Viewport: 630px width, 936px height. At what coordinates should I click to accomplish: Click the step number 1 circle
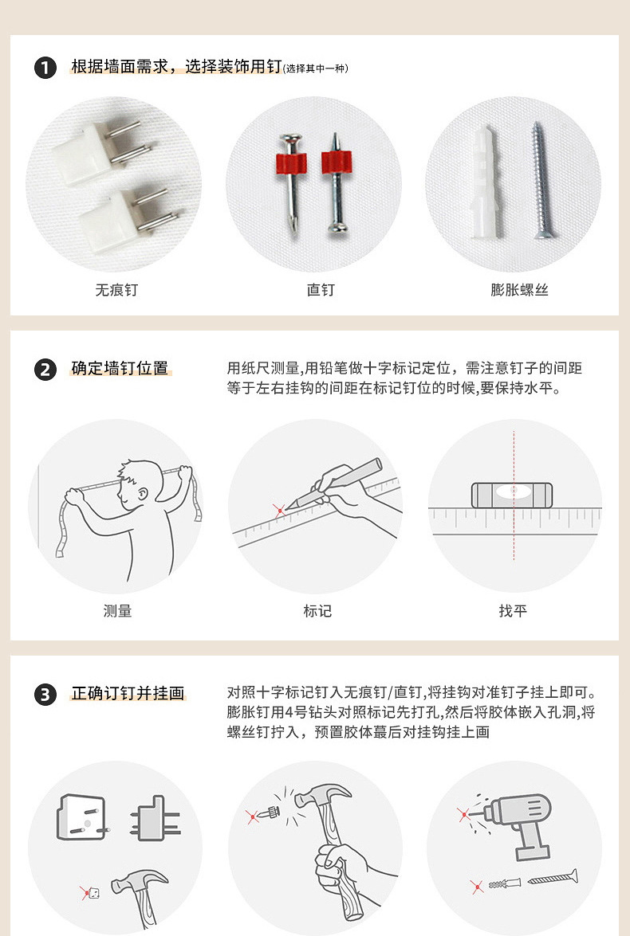click(45, 68)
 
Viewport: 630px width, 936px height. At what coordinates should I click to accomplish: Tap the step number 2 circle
click(45, 370)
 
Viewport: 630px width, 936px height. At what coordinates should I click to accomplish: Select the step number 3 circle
click(45, 695)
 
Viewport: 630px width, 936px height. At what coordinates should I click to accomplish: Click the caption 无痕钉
click(116, 290)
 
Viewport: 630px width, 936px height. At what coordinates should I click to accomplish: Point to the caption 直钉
click(321, 290)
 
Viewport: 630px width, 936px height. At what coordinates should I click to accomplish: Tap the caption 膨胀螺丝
click(519, 290)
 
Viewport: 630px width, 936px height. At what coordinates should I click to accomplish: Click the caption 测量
click(117, 611)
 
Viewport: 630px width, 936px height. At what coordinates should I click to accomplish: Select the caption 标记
click(317, 611)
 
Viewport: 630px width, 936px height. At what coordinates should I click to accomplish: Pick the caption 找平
click(513, 611)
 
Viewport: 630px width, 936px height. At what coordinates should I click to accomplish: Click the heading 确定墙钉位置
click(120, 369)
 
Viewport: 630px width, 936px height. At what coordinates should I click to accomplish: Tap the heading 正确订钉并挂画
click(128, 694)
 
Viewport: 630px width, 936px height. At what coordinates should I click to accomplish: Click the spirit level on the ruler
click(513, 495)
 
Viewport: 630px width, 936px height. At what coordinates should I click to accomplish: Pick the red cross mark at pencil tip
click(279, 509)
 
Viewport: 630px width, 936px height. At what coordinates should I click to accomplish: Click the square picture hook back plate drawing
click(81, 817)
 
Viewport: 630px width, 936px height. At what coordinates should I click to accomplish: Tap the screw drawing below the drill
click(553, 879)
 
